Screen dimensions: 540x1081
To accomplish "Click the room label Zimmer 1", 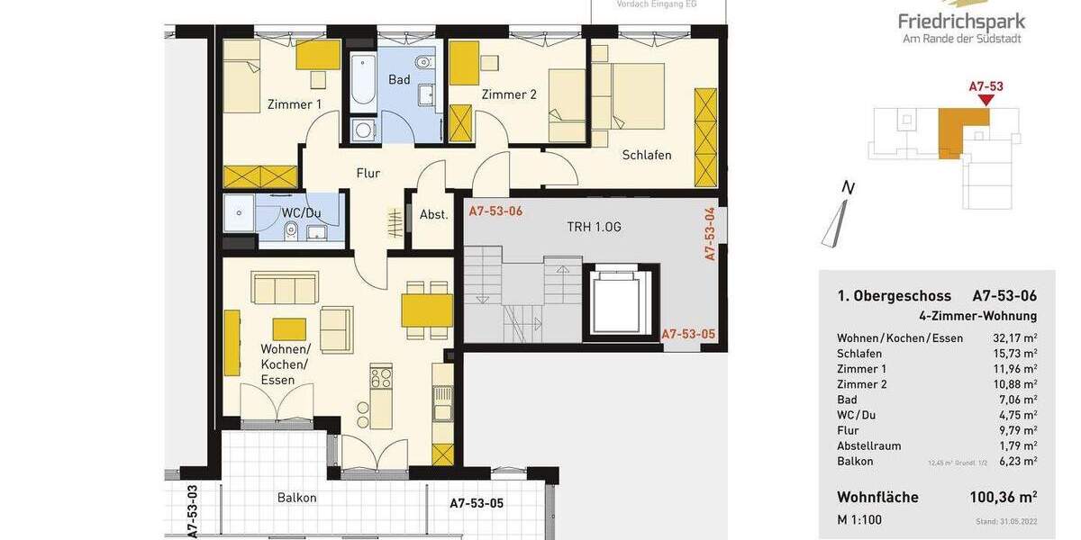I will click(x=294, y=104).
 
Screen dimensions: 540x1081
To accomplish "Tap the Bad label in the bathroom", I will click(x=399, y=80).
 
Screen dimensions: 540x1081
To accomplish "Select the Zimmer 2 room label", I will click(x=509, y=94).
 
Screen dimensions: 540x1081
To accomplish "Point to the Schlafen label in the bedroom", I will click(x=647, y=155).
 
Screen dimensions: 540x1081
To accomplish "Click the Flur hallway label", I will click(x=368, y=173).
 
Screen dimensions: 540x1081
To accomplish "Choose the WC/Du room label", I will click(x=301, y=213).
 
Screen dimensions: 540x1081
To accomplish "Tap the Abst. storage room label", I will click(x=433, y=214).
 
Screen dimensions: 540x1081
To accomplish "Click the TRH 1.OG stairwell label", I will click(x=594, y=227).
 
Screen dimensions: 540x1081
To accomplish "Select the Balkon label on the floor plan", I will click(x=296, y=498).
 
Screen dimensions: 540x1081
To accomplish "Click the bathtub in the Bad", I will click(x=364, y=79).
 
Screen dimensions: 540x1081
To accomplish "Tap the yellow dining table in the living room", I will click(x=426, y=310).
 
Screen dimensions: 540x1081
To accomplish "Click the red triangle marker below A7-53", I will click(x=986, y=100).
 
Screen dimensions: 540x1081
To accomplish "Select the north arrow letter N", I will click(x=847, y=187).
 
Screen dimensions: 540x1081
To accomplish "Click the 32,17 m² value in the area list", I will click(x=1014, y=338).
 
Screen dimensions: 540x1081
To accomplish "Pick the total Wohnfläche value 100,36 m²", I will click(x=1003, y=497).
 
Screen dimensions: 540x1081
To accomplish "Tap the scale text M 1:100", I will click(x=859, y=519).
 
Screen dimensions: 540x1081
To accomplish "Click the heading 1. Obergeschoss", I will click(x=894, y=296).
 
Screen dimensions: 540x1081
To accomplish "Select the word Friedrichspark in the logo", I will click(x=961, y=21).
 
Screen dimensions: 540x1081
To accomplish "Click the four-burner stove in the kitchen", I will click(x=381, y=375).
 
